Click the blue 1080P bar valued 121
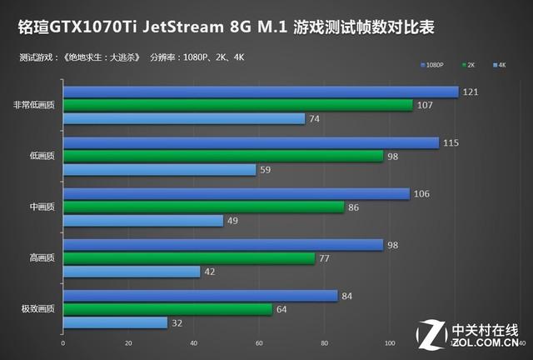tap(260, 92)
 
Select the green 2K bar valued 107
tap(237, 105)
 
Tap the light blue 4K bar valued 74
tap(183, 118)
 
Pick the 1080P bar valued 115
tap(250, 143)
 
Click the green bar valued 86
tap(203, 207)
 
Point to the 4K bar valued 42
tap(132, 271)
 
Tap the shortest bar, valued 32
tap(115, 322)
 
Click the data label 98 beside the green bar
tap(395, 157)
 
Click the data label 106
tap(423, 194)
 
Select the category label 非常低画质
tap(35, 105)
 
